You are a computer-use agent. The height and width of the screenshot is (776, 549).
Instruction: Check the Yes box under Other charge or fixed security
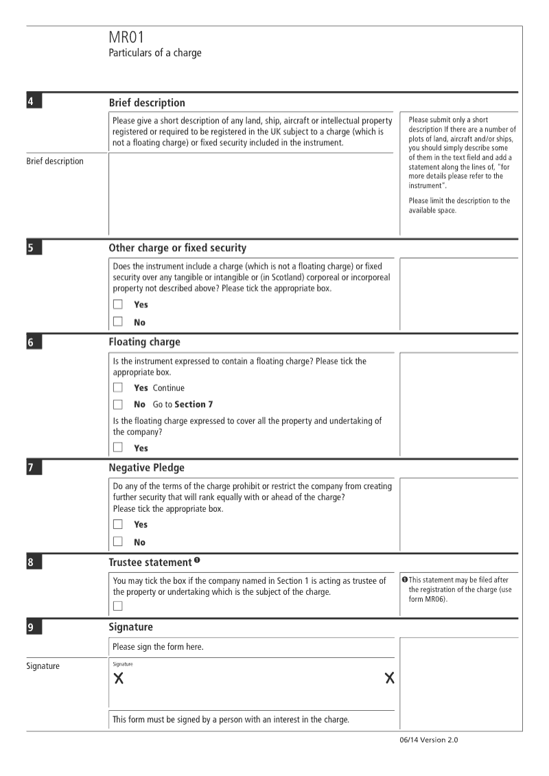click(x=118, y=305)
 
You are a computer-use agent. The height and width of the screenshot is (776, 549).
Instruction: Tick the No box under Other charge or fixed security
click(x=118, y=322)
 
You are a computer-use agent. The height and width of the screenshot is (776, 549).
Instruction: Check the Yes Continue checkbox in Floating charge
click(x=118, y=388)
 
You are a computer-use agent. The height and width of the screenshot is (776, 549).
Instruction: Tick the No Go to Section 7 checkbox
click(x=118, y=404)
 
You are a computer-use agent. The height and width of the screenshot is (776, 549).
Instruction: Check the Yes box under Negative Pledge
click(x=118, y=525)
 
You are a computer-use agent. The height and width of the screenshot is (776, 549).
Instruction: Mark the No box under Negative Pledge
click(x=118, y=542)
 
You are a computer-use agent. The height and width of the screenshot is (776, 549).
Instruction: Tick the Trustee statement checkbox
click(x=118, y=606)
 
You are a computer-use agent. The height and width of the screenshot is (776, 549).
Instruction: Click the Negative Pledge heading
click(x=146, y=468)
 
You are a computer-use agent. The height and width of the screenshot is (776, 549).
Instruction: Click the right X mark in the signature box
click(x=390, y=679)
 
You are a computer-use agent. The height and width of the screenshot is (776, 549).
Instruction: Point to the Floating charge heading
click(x=144, y=341)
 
